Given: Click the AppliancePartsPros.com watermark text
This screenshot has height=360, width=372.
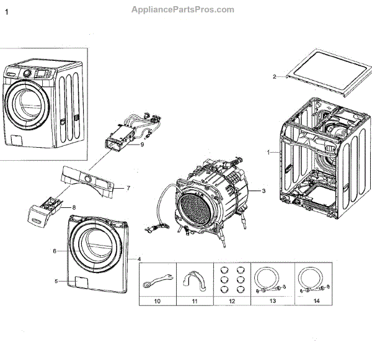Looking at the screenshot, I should pos(183,9).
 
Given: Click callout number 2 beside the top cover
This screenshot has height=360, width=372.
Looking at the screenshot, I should pos(274,77).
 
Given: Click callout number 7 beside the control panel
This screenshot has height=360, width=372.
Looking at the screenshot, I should pos(128,187).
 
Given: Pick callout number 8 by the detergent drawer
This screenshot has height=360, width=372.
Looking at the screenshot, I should pos(74,207).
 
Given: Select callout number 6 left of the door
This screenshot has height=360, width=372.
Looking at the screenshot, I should pos(55,251).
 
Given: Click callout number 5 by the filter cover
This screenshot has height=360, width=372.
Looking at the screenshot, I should pos(56,281).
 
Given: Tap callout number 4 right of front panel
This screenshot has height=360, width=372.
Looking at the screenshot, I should pos(139,258).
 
